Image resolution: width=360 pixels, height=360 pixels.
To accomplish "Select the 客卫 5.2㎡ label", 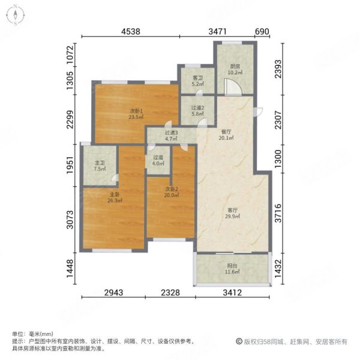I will [198, 81].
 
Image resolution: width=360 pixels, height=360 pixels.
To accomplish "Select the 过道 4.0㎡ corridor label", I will [158, 163].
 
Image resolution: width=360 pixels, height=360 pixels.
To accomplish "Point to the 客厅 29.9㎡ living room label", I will [233, 214].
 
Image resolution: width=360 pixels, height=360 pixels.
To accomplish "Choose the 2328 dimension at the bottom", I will [171, 294].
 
